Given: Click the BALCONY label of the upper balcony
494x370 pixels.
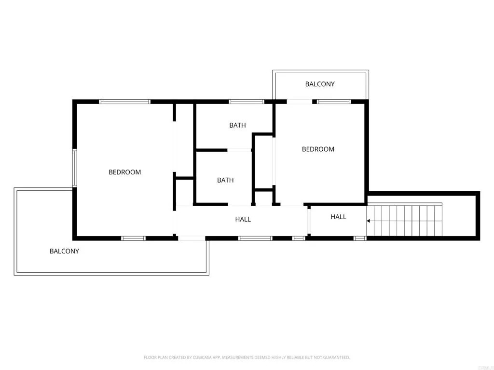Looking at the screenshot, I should pyautogui.click(x=319, y=84).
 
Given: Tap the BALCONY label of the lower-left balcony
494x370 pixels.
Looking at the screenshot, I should pyautogui.click(x=64, y=251).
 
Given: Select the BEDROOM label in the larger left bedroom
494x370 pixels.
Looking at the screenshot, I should pyautogui.click(x=124, y=172).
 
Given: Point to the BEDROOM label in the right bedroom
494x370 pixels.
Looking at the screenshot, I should pyautogui.click(x=318, y=149).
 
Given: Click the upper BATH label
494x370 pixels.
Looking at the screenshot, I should pyautogui.click(x=237, y=125).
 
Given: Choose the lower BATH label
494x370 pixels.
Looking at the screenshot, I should pyautogui.click(x=225, y=180).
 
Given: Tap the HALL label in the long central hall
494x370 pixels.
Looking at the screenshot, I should pyautogui.click(x=243, y=219).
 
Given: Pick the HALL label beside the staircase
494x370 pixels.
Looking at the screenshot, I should pyautogui.click(x=338, y=217).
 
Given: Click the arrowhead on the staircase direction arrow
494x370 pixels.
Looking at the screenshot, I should pyautogui.click(x=369, y=221).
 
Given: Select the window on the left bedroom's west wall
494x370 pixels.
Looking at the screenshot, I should pyautogui.click(x=75, y=168).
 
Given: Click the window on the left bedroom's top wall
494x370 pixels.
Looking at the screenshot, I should pyautogui.click(x=125, y=102).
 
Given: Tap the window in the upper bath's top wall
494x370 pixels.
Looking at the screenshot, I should pyautogui.click(x=246, y=102).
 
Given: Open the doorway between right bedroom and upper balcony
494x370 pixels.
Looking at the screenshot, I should pyautogui.click(x=299, y=102).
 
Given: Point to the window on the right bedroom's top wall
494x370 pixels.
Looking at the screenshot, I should pyautogui.click(x=333, y=102).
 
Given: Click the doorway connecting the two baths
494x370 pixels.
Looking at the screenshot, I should pyautogui.click(x=239, y=150).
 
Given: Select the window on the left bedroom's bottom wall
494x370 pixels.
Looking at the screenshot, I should pyautogui.click(x=133, y=238).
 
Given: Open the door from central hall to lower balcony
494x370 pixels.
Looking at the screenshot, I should pyautogui.click(x=192, y=238).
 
